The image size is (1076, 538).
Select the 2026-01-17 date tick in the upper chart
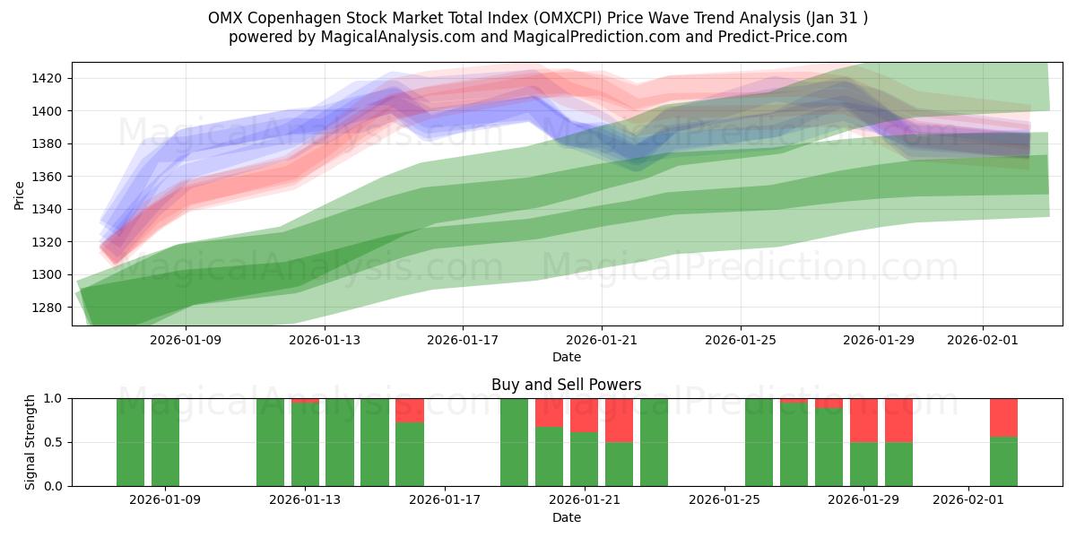[463, 340]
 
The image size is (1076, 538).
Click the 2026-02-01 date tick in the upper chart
[983, 340]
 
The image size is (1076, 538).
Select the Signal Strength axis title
[30, 442]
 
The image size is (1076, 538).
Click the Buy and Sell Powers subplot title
[566, 385]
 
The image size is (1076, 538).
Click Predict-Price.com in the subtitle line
[785, 37]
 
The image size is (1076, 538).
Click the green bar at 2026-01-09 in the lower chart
[165, 442]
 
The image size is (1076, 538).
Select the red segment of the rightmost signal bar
[1003, 417]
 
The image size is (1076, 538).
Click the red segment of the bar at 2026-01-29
[863, 420]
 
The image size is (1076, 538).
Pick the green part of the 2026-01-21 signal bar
[584, 459]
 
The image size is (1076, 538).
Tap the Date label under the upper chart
[566, 357]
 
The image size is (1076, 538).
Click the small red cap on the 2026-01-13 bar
[305, 401]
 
